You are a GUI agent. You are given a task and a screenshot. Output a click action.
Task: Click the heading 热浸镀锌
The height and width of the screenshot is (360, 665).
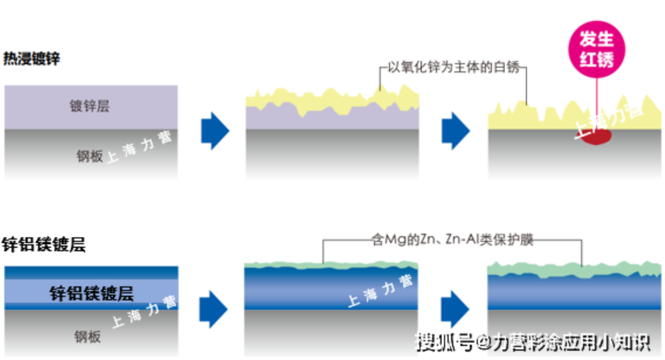[32, 58]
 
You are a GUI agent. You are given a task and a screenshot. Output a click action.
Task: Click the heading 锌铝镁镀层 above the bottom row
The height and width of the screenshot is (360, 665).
[44, 245]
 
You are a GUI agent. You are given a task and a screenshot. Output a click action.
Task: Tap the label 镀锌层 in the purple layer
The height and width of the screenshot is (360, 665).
[90, 106]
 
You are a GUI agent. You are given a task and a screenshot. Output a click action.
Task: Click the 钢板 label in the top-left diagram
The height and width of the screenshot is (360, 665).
[90, 154]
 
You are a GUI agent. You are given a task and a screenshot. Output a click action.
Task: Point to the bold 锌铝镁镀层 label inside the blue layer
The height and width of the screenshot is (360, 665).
[91, 294]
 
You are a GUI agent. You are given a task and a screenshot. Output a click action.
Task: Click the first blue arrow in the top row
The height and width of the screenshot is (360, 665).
[215, 131]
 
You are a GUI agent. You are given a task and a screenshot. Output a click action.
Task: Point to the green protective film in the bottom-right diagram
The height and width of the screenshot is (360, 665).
[574, 270]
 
